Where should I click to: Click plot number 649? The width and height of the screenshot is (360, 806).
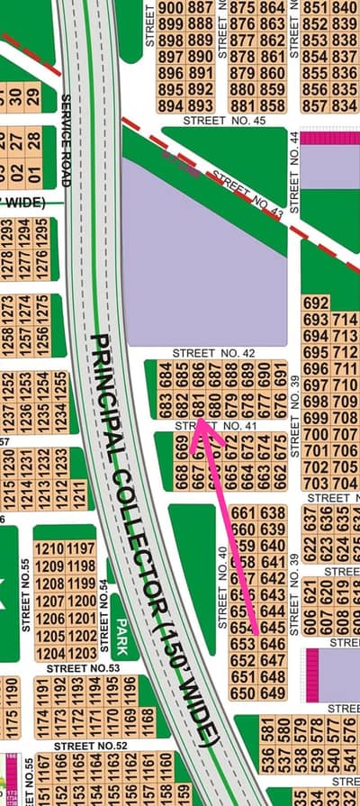point(273,693)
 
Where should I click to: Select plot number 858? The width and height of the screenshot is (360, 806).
point(271,105)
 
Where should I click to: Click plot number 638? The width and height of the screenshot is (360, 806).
point(273,512)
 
